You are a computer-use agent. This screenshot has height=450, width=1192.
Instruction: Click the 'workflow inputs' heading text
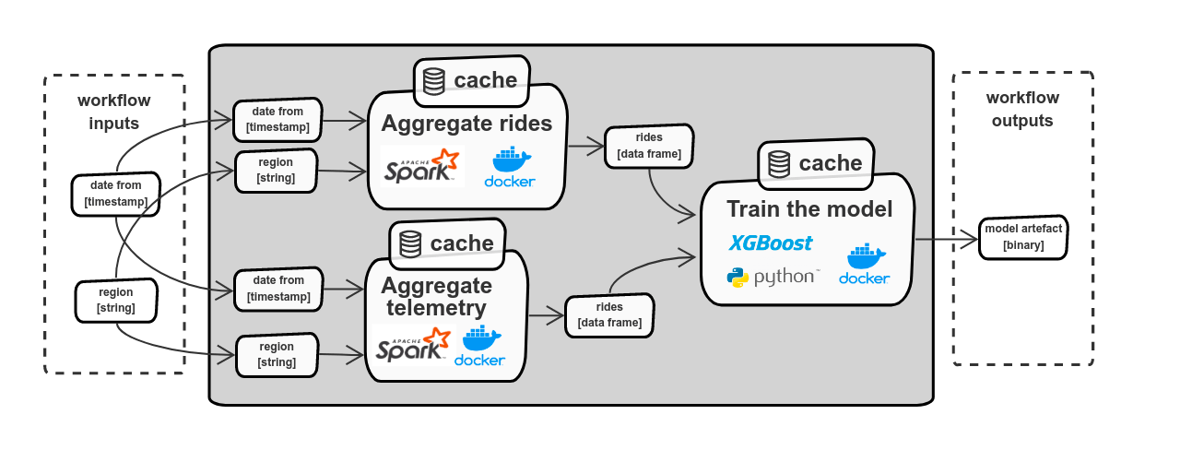coord(114,112)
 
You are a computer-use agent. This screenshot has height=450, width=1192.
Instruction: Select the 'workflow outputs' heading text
coord(1022,109)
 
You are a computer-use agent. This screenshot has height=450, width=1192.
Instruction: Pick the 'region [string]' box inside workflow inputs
coord(115,300)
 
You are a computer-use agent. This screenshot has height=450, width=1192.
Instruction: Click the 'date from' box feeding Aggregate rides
coord(277,119)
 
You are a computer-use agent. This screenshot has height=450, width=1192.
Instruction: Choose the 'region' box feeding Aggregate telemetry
coord(277,354)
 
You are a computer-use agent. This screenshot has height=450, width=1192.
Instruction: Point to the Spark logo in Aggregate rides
coord(421,166)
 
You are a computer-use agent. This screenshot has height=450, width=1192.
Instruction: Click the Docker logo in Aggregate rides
coord(509,167)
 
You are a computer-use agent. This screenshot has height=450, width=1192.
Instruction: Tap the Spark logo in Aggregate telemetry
coord(412,345)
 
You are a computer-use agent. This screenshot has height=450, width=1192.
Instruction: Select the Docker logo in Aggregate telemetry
coord(479,346)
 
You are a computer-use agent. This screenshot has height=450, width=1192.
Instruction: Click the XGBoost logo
coord(771,243)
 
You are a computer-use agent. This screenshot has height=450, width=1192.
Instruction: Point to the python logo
coord(772,277)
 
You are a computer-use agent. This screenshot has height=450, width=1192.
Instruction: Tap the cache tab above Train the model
coord(817,163)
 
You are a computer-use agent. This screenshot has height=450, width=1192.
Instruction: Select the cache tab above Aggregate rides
coord(472,80)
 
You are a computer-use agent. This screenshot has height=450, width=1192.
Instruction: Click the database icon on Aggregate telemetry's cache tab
coord(410,243)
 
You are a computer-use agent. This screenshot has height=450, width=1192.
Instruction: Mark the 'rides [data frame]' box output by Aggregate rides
coord(648,146)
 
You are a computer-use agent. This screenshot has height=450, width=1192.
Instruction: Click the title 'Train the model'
coord(808,209)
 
